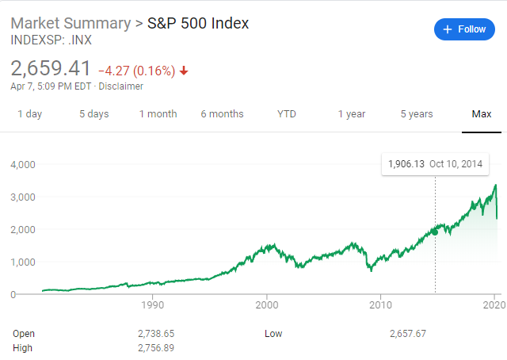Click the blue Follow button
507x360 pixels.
coord(464,29)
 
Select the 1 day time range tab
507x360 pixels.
coord(29,114)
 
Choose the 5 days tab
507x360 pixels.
coord(93,114)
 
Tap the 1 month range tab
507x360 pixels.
coord(158,114)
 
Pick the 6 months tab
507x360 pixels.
coord(222,114)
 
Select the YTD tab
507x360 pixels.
coord(287,114)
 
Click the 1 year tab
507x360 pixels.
coord(352,114)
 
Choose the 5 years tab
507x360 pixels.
coord(417,114)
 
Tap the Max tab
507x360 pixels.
coord(482,114)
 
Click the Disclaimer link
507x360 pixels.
coord(121,86)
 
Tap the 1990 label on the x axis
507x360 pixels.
coord(152,304)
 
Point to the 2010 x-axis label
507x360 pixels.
coord(381,304)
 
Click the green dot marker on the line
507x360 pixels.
coord(435,232)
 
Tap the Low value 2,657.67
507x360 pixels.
coord(408,334)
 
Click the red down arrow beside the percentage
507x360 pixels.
coord(185,71)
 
